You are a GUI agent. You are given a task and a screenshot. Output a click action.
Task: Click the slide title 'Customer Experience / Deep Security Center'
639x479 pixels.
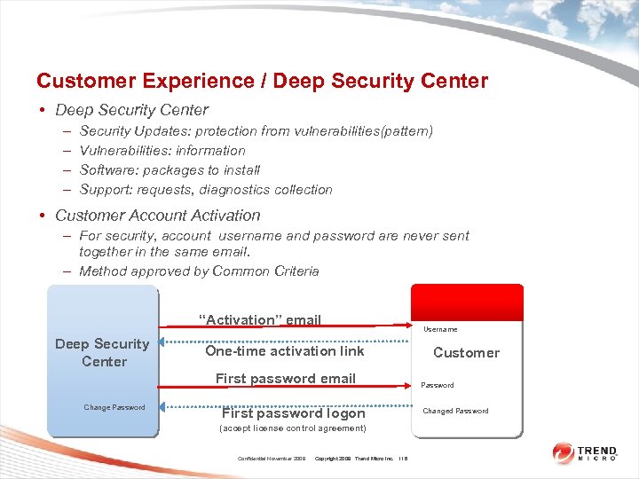pyautogui.click(x=262, y=81)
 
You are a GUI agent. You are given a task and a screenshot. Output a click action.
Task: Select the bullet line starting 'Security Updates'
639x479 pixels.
pyautogui.click(x=256, y=131)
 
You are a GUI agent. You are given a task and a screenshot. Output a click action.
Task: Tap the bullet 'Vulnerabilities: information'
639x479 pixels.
pyautogui.click(x=162, y=151)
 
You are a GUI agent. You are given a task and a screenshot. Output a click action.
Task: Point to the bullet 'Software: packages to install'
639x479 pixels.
pyautogui.click(x=170, y=170)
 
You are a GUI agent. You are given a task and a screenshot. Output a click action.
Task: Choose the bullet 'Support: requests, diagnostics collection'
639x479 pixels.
pyautogui.click(x=205, y=190)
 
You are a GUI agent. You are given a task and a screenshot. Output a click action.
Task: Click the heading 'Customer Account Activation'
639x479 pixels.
pyautogui.click(x=157, y=216)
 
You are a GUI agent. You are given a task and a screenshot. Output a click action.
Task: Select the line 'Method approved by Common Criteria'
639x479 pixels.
pyautogui.click(x=198, y=271)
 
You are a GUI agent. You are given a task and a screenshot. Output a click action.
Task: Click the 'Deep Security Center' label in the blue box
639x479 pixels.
pyautogui.click(x=102, y=352)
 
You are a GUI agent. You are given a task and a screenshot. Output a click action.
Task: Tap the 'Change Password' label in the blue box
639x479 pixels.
pyautogui.click(x=114, y=407)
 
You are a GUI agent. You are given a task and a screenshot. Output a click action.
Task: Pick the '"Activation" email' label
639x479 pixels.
pyautogui.click(x=259, y=320)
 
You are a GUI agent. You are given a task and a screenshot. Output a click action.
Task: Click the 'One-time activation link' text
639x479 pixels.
pyautogui.click(x=284, y=351)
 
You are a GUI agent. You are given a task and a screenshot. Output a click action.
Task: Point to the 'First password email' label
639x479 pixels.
pyautogui.click(x=285, y=379)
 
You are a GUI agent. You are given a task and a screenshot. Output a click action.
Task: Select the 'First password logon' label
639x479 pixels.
pyautogui.click(x=293, y=413)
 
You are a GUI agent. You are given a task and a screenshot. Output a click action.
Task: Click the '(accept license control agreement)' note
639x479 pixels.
pyautogui.click(x=292, y=428)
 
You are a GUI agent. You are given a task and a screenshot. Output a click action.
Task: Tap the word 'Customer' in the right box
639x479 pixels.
pyautogui.click(x=466, y=353)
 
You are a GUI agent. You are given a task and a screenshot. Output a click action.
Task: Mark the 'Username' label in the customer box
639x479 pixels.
pyautogui.click(x=440, y=329)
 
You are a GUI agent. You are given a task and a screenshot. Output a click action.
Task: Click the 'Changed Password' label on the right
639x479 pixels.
pyautogui.click(x=455, y=412)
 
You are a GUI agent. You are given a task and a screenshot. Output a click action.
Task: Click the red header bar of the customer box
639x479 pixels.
pyautogui.click(x=467, y=296)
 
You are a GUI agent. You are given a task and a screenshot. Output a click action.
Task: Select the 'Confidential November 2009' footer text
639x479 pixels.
pyautogui.click(x=272, y=459)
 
